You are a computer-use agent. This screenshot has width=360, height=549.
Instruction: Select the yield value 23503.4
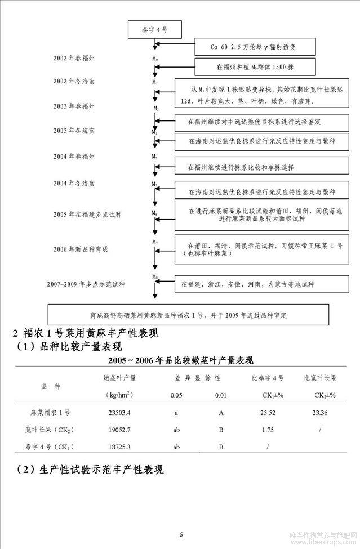[119, 413]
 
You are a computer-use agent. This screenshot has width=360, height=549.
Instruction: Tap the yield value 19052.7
[119, 430]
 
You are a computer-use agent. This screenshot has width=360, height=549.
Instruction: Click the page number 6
[181, 534]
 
